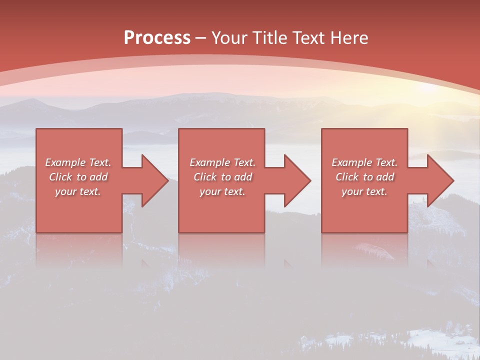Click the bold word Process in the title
point(157,38)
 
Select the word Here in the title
point(349,38)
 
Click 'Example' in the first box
point(65,162)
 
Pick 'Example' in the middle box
point(209,162)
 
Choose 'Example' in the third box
point(351,162)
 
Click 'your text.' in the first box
point(78,191)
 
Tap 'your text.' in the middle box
point(222,191)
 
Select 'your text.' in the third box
point(364,191)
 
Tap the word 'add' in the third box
point(385,177)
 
